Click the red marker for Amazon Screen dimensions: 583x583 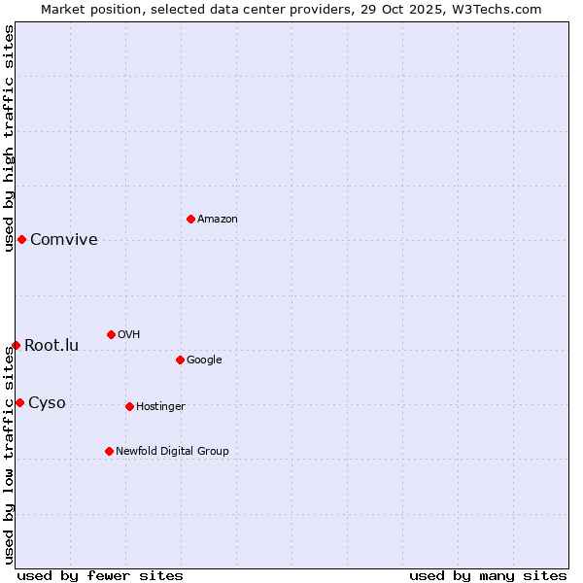coord(190,219)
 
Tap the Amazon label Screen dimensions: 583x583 coord(218,220)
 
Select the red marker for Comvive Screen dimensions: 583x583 coord(21,239)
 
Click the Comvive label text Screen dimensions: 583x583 coord(64,240)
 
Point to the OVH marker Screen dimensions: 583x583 coord(111,334)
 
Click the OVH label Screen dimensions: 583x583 coord(129,335)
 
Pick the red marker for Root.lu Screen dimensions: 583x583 coord(16,345)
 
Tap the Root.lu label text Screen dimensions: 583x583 coord(51,346)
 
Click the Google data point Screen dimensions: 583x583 coord(180,360)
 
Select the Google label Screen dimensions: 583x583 coord(204,360)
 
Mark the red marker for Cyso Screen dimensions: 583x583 coord(19,402)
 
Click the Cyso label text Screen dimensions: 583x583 coord(47,403)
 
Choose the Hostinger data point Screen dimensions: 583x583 coord(129,406)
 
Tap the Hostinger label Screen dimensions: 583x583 coord(160,407)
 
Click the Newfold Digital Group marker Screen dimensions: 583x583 coord(109,451)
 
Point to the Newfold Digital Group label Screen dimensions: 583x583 coord(172,452)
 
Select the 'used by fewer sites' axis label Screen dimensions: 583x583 coord(100,575)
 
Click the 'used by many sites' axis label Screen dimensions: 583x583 coord(488,575)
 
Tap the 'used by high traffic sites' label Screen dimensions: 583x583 coord(9,137)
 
